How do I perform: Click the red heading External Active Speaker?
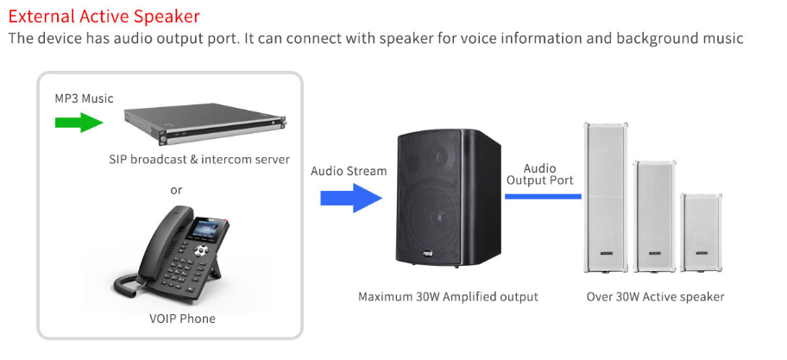click(x=104, y=16)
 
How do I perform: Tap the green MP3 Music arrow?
click(x=79, y=122)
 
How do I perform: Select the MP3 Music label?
click(x=84, y=98)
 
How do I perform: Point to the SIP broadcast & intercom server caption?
click(x=199, y=160)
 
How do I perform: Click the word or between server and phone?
click(x=176, y=190)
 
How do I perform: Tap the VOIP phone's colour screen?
click(x=205, y=229)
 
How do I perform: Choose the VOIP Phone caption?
click(x=182, y=319)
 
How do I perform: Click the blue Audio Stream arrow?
click(x=351, y=198)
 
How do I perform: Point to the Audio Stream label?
click(x=349, y=171)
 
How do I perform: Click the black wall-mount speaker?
click(x=449, y=198)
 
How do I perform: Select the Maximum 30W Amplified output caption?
click(x=448, y=297)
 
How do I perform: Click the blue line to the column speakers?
click(x=543, y=196)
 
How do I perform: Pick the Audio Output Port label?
click(x=539, y=174)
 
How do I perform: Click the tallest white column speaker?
click(x=605, y=198)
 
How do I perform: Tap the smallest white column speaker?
click(x=702, y=233)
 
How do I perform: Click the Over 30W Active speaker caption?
click(x=656, y=297)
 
